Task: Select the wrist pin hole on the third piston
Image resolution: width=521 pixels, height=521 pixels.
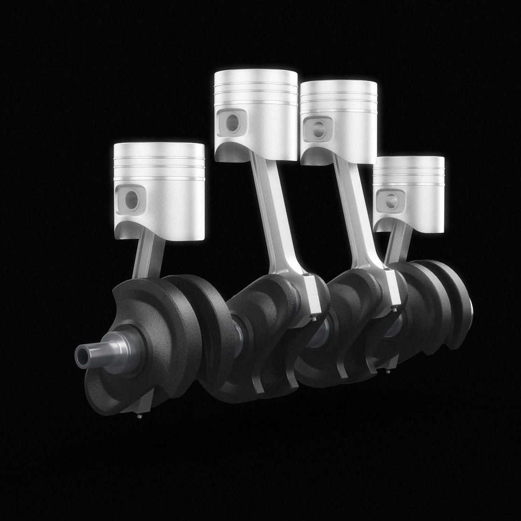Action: point(318,128)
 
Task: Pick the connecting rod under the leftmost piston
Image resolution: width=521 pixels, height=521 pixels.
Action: point(147,256)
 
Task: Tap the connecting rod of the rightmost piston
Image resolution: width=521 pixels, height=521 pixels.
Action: point(398,246)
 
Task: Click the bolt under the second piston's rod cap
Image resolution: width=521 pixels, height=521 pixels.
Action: point(315,318)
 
